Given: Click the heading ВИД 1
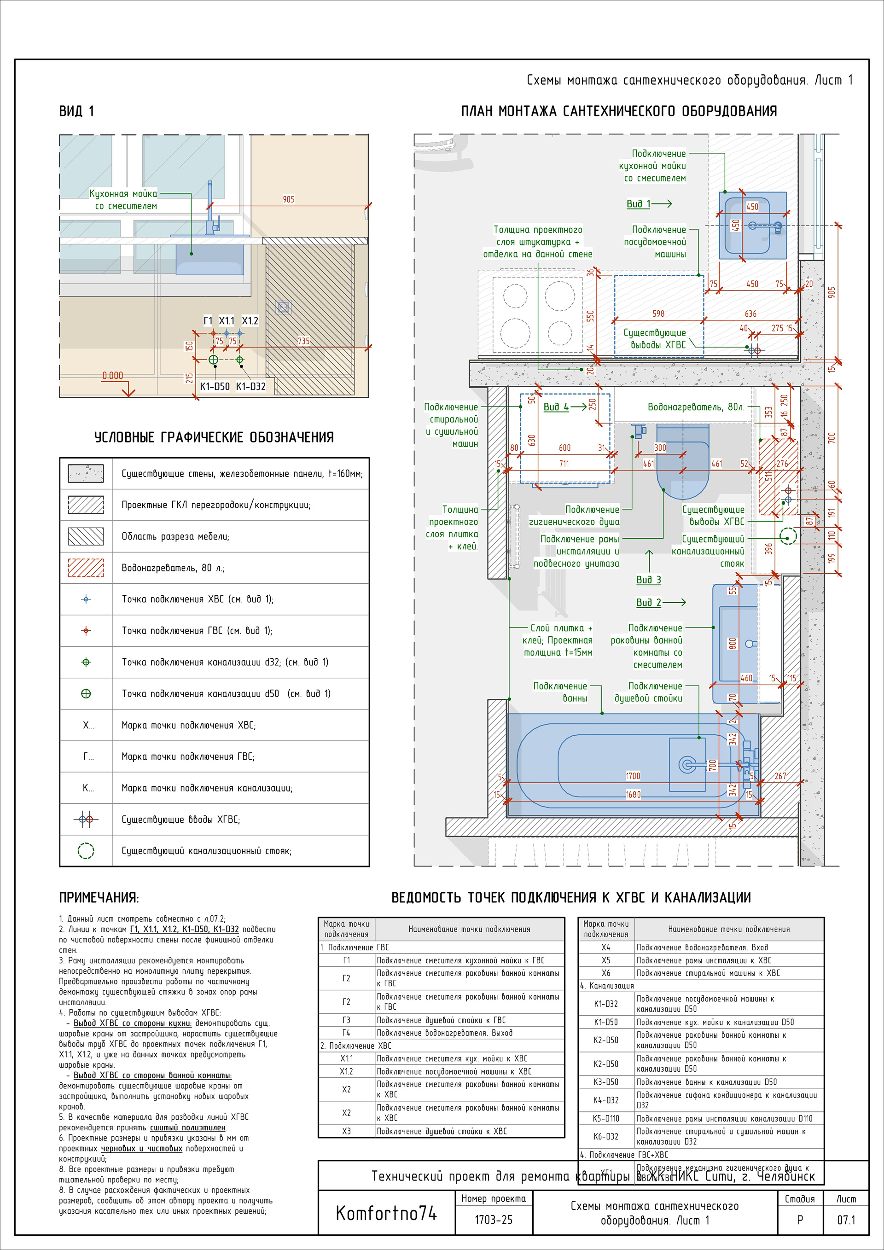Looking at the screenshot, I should pyautogui.click(x=76, y=111).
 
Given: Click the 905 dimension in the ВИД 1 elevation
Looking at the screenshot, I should pyautogui.click(x=289, y=199).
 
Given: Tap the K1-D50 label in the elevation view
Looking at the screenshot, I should pyautogui.click(x=215, y=387).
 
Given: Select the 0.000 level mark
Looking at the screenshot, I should pyautogui.click(x=113, y=376).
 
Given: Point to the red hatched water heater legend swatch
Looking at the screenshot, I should pyautogui.click(x=86, y=568).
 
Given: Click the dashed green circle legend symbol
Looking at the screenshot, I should pyautogui.click(x=86, y=850).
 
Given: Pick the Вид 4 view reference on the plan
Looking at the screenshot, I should pyautogui.click(x=556, y=407).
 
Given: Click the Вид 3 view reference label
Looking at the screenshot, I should pyautogui.click(x=648, y=580).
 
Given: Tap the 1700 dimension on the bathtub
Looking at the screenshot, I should pyautogui.click(x=633, y=776).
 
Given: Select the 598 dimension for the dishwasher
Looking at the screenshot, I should pyautogui.click(x=658, y=314).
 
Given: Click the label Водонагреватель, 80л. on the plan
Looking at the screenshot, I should pyautogui.click(x=696, y=407).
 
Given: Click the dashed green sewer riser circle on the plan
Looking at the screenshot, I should pyautogui.click(x=788, y=536).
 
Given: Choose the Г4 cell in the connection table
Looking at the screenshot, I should pyautogui.click(x=346, y=1033).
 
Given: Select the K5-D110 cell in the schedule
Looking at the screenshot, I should pyautogui.click(x=606, y=1119).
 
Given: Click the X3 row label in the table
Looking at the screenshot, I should pyautogui.click(x=346, y=1131).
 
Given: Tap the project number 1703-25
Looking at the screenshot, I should pyautogui.click(x=493, y=1220).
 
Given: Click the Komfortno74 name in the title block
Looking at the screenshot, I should pyautogui.click(x=386, y=1213).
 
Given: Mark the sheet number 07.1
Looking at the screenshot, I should pyautogui.click(x=846, y=1220).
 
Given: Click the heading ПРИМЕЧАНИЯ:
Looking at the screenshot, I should pyautogui.click(x=99, y=898).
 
